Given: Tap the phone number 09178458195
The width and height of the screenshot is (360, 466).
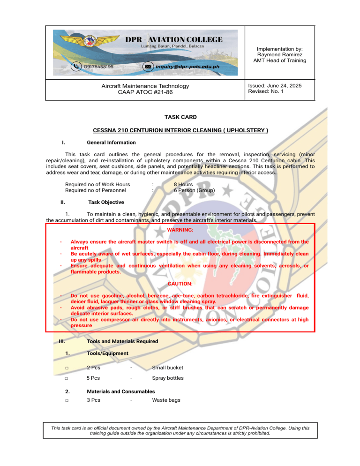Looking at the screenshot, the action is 98,67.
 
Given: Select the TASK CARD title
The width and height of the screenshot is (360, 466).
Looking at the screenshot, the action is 180,117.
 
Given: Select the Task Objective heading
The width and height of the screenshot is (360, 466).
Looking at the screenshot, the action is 106,203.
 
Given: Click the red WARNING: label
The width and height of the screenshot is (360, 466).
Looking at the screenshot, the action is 180,230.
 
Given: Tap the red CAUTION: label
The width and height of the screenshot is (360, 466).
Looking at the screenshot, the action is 180,284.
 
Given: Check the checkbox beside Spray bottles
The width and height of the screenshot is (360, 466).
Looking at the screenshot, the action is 67,378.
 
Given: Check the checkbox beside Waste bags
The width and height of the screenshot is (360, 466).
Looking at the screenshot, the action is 67,401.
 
